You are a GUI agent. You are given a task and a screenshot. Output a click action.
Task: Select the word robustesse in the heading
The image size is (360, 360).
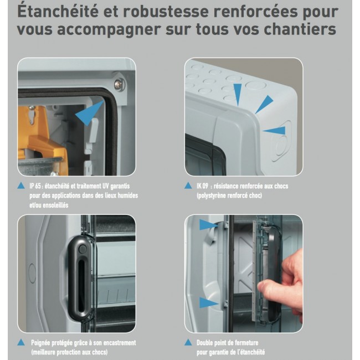[x=160, y=11]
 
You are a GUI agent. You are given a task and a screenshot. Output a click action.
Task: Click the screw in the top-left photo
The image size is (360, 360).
[x=119, y=84]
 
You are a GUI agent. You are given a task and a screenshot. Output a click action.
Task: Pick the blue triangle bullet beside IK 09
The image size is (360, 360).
[x=189, y=186]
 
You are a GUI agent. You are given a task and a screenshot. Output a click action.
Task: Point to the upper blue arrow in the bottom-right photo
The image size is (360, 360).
[x=208, y=225]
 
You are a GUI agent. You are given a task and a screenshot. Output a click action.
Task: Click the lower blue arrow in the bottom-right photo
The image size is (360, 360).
[x=208, y=302]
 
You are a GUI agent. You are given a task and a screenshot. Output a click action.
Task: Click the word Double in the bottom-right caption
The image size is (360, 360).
[x=207, y=343]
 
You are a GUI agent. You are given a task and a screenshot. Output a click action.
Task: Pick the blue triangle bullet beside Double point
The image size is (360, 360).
[x=189, y=342]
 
